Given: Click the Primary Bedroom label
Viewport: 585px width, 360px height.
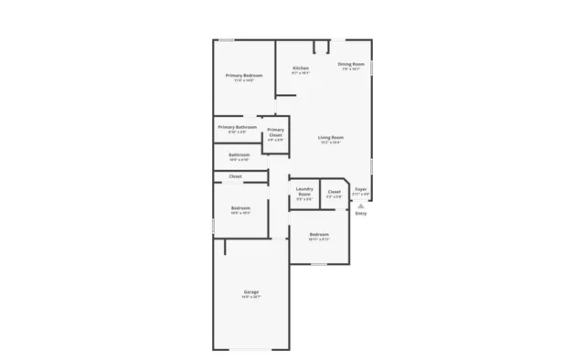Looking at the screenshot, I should click(244, 75).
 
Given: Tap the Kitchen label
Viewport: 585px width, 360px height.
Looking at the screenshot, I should click(301, 69).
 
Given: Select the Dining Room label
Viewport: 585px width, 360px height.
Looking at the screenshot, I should click(351, 64).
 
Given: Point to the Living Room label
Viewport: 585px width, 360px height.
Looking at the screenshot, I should click(330, 137).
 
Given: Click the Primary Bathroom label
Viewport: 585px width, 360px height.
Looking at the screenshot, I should click(237, 127).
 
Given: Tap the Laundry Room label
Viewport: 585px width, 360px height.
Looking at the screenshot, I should click(304, 191).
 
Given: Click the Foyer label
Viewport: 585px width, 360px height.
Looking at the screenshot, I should click(361, 189).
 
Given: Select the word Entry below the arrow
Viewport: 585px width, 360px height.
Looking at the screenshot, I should click(361, 214).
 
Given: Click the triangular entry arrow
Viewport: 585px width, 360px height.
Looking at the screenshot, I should click(361, 206).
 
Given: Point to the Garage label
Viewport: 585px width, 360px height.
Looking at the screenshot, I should click(250, 292).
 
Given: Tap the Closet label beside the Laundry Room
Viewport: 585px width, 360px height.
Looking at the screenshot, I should click(335, 192).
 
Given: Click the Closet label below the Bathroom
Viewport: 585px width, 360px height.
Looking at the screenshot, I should click(235, 176).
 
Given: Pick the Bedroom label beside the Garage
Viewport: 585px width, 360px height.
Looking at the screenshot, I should click(240, 208).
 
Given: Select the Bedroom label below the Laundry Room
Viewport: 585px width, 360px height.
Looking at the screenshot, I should click(318, 235).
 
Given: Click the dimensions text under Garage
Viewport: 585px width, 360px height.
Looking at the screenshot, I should click(250, 298).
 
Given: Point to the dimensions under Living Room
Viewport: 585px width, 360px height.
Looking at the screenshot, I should click(330, 143).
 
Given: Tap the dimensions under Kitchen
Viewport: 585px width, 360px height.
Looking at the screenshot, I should click(301, 74).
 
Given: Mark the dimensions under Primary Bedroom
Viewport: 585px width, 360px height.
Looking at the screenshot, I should click(244, 80).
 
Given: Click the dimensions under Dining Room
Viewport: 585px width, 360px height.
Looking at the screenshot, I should click(351, 69).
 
